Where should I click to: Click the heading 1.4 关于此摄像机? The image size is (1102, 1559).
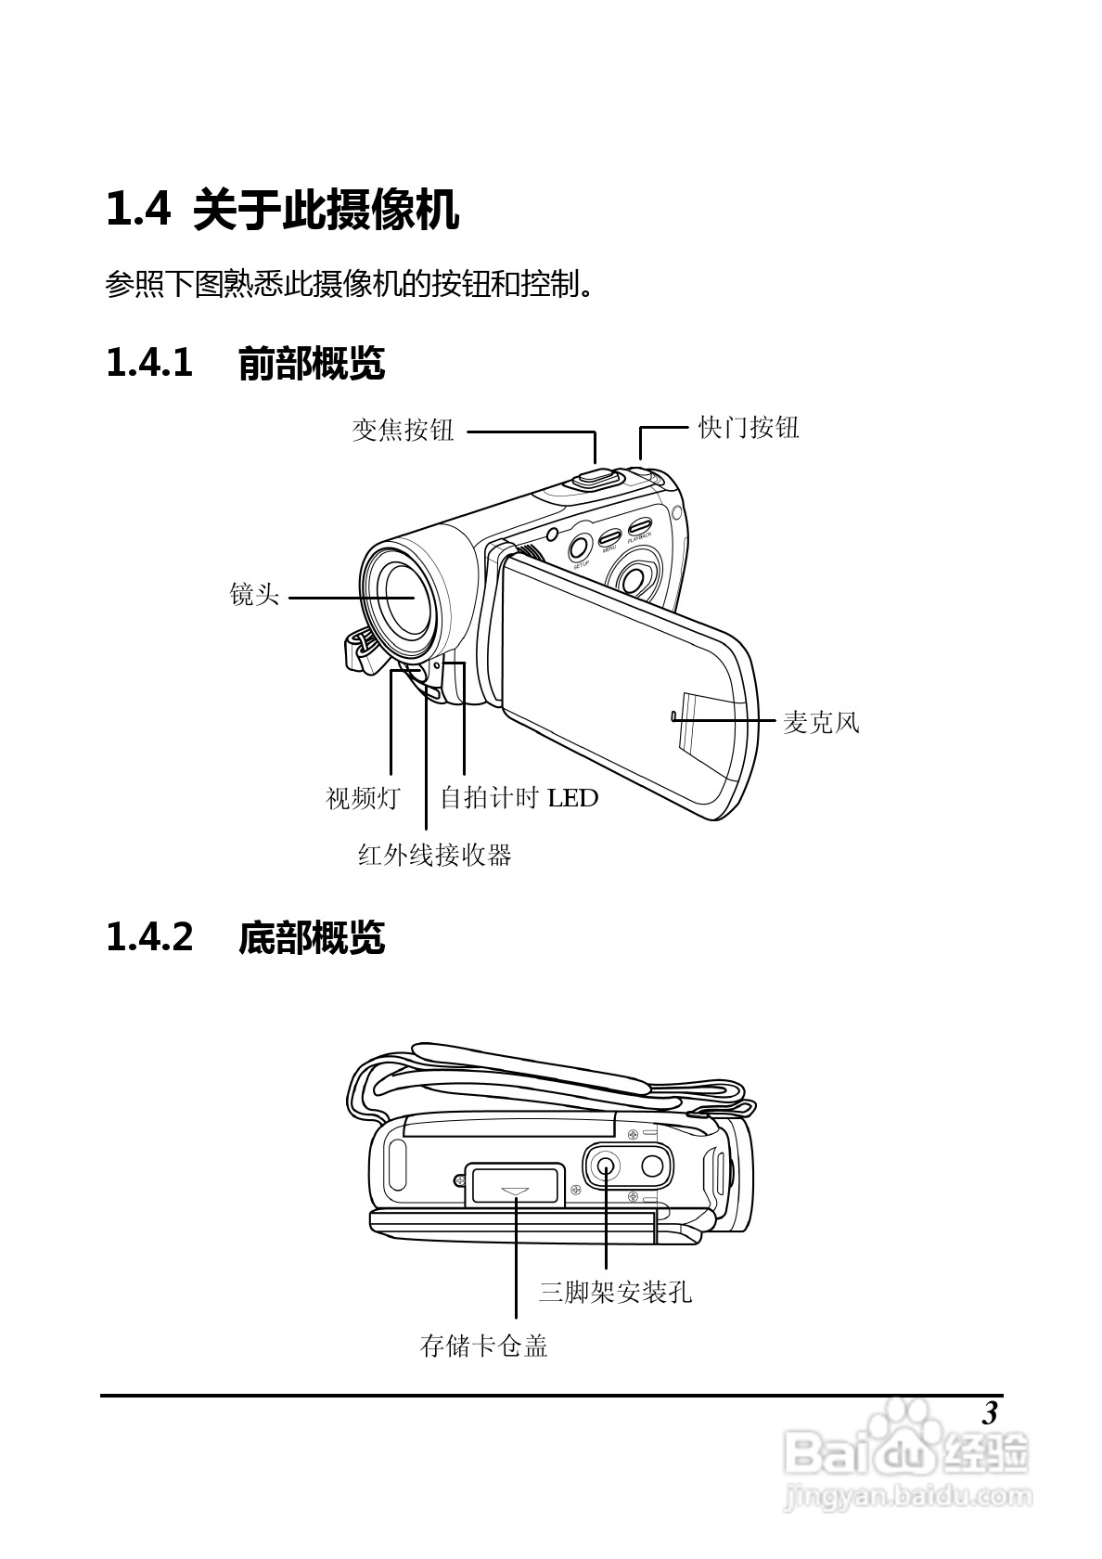282,209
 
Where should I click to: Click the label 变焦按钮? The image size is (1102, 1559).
403,430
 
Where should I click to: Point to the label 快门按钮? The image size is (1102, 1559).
748,428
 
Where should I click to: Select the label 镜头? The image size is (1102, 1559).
254,595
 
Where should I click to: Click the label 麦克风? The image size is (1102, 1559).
821,721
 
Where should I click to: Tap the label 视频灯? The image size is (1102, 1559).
363,797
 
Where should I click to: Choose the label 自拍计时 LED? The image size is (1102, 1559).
519,797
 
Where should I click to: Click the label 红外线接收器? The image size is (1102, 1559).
435,855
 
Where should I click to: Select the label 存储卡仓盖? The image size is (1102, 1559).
484,1346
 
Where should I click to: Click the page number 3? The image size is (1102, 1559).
989,1414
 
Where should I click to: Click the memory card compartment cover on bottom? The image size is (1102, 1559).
515,1185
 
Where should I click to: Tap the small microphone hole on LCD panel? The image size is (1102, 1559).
671,715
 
